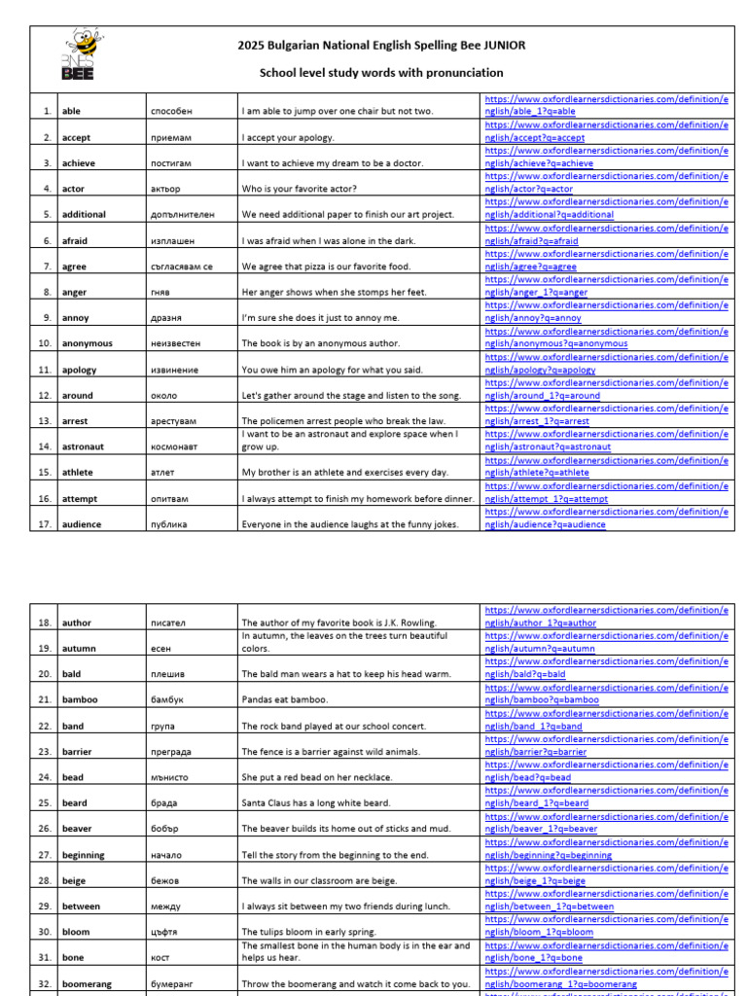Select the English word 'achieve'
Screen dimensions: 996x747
79,163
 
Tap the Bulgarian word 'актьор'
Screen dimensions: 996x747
166,189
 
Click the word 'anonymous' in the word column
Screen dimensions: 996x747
87,343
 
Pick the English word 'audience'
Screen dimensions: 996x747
82,524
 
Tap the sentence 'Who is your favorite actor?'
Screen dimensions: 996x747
299,189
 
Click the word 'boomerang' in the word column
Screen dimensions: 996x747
87,984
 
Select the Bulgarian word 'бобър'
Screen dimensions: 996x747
165,829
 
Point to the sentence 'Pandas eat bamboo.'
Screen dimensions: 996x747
282,699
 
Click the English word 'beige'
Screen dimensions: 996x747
74,881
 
